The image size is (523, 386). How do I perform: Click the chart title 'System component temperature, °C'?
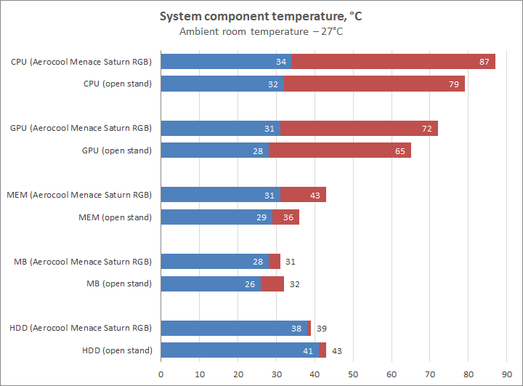click(261, 16)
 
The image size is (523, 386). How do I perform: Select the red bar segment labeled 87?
click(393, 62)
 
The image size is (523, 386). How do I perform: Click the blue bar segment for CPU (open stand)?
click(222, 84)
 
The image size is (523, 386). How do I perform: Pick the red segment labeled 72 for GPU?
click(359, 129)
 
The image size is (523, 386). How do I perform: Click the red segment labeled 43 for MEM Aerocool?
click(303, 195)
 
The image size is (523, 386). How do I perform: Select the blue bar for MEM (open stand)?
click(216, 217)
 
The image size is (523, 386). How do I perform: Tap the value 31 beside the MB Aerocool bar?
click(290, 262)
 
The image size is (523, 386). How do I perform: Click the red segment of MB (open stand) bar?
click(272, 284)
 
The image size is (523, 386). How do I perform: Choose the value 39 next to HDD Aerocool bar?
click(320, 329)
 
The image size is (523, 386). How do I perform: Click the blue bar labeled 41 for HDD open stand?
click(240, 350)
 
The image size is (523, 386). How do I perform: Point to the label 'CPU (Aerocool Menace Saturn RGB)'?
click(81, 62)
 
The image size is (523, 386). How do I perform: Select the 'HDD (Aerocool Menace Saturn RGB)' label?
click(81, 329)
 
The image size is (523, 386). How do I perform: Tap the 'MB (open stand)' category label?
click(120, 284)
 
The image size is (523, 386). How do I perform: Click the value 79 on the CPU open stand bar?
click(455, 84)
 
